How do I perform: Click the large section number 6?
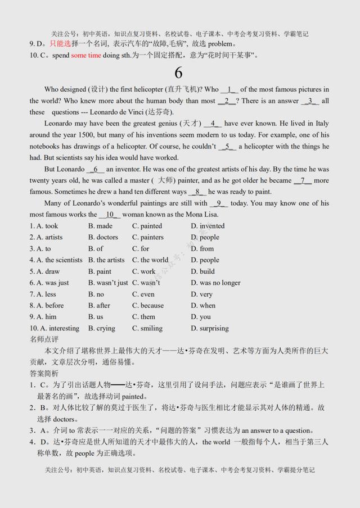click(x=178, y=73)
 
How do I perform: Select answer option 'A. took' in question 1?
click(x=44, y=226)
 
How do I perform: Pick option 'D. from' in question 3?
click(x=202, y=248)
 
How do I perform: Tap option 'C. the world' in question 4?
click(x=150, y=260)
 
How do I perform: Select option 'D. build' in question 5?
click(x=202, y=271)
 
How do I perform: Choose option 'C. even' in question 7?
click(x=143, y=294)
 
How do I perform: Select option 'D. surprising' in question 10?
click(x=210, y=328)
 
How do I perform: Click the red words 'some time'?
click(x=86, y=55)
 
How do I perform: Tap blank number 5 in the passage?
click(x=228, y=147)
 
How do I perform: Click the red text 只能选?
click(x=60, y=44)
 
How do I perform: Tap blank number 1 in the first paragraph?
click(x=229, y=89)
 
